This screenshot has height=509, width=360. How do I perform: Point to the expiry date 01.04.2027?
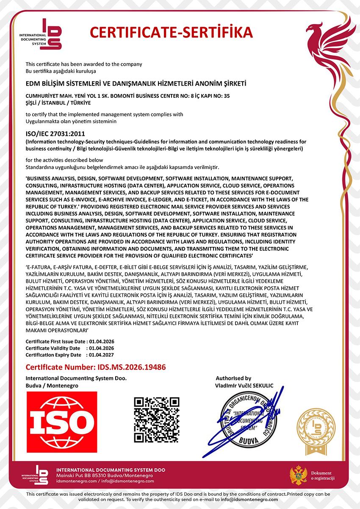pos(100,355)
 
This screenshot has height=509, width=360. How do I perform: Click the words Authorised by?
pos(233,378)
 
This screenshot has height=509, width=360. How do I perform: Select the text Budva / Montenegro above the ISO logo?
pos(52,386)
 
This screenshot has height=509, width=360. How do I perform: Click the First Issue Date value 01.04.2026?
pos(100,341)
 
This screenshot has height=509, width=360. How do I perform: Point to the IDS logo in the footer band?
pos(37,475)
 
